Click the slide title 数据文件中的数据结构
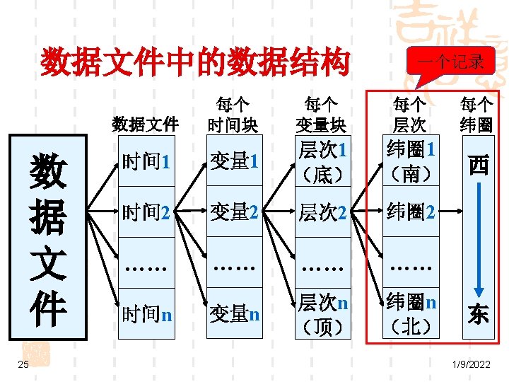tap(195, 62)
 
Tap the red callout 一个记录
tap(450, 62)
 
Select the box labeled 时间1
tap(146, 161)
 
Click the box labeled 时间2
tap(146, 211)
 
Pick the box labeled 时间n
tap(146, 312)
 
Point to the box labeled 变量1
tap(233, 161)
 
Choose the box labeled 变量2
tap(233, 211)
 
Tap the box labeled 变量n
tap(233, 312)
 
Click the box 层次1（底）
tap(321, 161)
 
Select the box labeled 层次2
tap(321, 211)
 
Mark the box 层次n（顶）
tap(321, 313)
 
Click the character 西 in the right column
tap(478, 166)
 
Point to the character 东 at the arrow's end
tap(478, 313)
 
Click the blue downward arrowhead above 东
tap(478, 291)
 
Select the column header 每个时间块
tap(233, 115)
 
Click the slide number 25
tap(23, 364)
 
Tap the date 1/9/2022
tap(469, 364)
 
